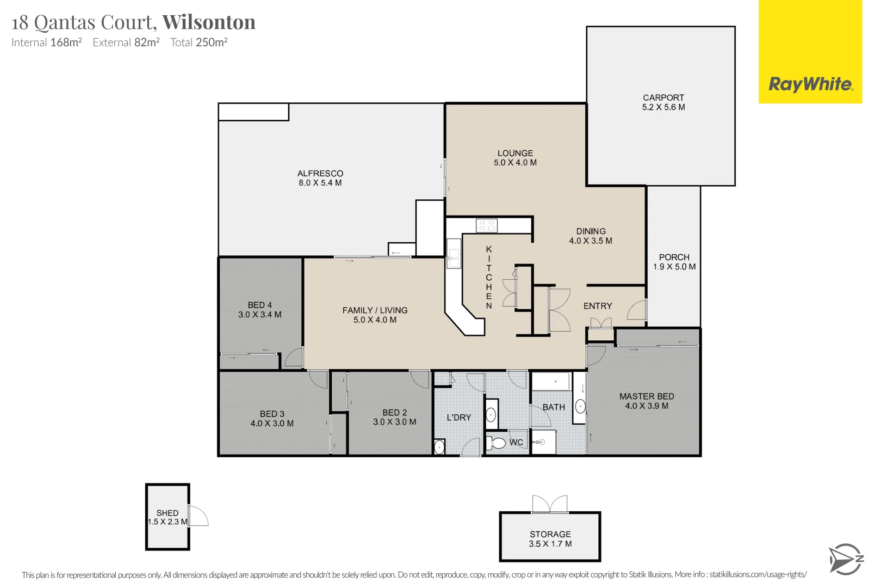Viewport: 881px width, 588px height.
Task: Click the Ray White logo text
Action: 810,84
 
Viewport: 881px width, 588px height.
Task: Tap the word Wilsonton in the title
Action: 209,22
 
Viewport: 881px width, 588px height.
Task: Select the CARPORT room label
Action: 663,98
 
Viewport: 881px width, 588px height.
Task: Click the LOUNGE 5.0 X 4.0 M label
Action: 515,158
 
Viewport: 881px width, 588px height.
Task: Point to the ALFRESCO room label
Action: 320,174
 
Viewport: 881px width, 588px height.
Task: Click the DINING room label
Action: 591,231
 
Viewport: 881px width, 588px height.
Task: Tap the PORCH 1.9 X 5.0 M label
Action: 674,262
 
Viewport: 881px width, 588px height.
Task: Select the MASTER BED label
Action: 647,397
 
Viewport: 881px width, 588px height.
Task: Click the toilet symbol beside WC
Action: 496,442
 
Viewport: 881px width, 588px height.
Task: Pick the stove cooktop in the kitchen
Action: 486,225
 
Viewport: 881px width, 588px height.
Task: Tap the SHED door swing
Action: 199,516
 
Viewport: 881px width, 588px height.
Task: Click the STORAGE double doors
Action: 550,504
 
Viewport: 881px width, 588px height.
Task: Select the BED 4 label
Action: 260,305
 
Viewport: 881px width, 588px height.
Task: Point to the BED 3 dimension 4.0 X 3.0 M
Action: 272,424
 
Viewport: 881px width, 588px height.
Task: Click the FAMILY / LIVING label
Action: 375,310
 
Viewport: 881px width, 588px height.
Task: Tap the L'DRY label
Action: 459,418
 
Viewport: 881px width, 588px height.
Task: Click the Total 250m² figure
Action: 199,42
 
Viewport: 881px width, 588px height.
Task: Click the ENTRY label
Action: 598,306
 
